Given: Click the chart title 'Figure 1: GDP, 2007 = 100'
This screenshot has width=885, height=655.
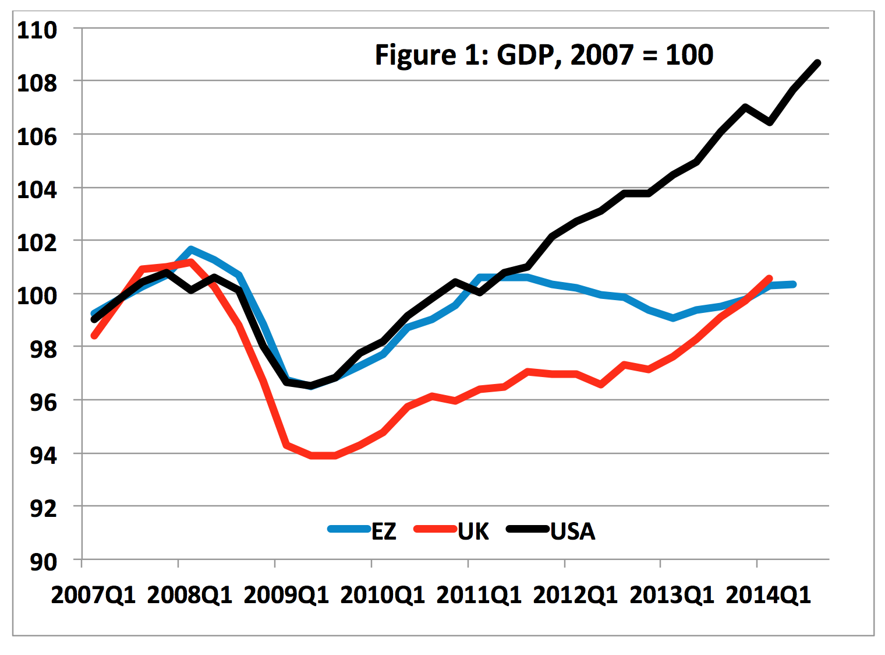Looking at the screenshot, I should pyautogui.click(x=544, y=55).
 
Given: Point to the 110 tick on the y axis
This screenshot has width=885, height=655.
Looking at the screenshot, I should pyautogui.click(x=37, y=30).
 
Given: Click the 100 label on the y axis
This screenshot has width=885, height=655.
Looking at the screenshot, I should pyautogui.click(x=37, y=295).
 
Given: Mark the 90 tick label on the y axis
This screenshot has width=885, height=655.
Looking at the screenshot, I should pyautogui.click(x=43, y=562).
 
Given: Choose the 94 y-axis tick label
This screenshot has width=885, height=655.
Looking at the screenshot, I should pyautogui.click(x=43, y=455).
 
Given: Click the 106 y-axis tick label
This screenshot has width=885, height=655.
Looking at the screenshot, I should pyautogui.click(x=37, y=136).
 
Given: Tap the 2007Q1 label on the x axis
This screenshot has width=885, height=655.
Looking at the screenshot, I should pyautogui.click(x=93, y=595).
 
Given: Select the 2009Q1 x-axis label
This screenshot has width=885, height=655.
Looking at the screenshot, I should pyautogui.click(x=286, y=595).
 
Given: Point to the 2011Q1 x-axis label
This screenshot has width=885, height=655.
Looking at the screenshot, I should pyautogui.click(x=479, y=595).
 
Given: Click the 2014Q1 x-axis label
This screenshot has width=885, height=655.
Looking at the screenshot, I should pyautogui.click(x=768, y=595).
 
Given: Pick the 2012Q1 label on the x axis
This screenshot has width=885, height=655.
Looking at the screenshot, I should pyautogui.click(x=575, y=595).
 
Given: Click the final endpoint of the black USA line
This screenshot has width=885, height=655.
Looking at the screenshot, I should pyautogui.click(x=817, y=63).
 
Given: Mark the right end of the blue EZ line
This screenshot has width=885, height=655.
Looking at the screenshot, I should pyautogui.click(x=794, y=284).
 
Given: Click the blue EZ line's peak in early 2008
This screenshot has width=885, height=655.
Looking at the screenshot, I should pyautogui.click(x=191, y=249).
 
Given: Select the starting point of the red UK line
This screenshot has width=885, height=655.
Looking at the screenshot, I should pyautogui.click(x=94, y=336).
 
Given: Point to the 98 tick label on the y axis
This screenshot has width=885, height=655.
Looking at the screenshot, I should pyautogui.click(x=43, y=348).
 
